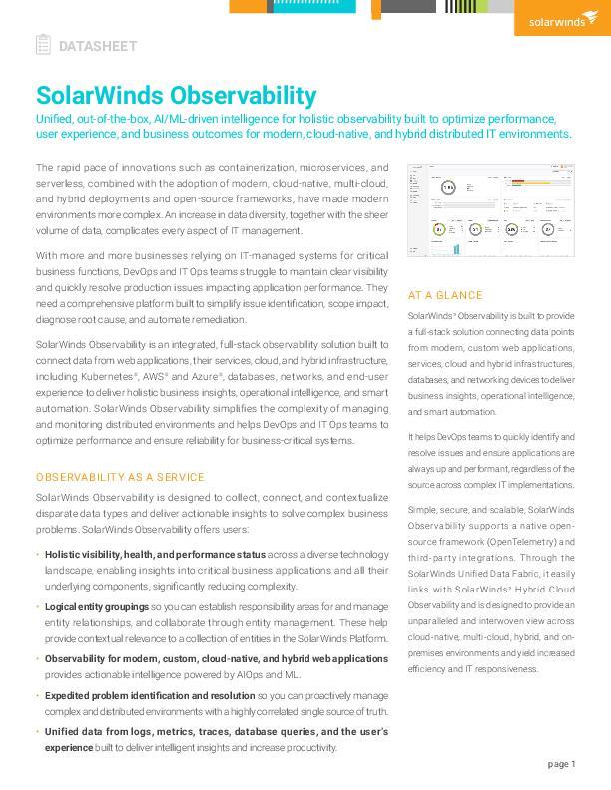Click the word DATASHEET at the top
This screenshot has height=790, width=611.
pos(98,46)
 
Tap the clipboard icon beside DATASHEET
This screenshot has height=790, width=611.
pos(43,45)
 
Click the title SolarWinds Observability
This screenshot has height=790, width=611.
pos(176,96)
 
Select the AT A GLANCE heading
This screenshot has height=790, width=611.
pos(445,296)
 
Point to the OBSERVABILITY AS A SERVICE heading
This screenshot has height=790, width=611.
pos(120,477)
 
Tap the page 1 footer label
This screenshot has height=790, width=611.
pos(562,764)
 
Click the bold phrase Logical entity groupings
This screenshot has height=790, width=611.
pos(97,606)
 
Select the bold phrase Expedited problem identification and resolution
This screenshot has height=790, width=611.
pos(150,695)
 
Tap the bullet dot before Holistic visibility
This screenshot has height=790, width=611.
pos(37,554)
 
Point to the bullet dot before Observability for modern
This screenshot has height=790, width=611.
pos(37,658)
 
